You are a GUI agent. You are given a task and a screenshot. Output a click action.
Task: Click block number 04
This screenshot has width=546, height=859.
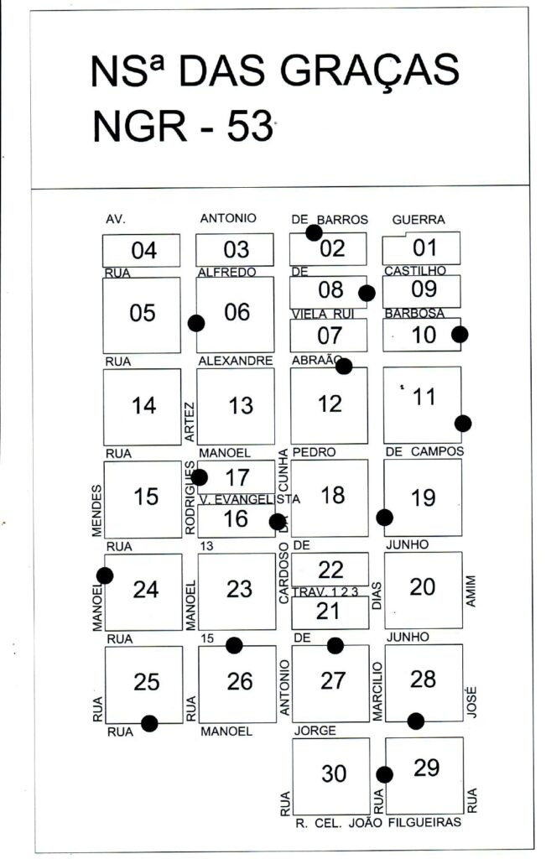click(143, 250)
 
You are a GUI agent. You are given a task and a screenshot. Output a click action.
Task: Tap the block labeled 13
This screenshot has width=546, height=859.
click(240, 405)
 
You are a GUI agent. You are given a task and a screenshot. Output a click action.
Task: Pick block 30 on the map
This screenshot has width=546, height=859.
click(333, 774)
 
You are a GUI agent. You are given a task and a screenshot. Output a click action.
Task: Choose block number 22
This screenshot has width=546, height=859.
click(330, 570)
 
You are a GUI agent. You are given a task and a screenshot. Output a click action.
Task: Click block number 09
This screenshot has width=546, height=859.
click(424, 290)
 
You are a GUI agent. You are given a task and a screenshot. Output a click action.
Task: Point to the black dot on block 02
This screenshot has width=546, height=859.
click(314, 232)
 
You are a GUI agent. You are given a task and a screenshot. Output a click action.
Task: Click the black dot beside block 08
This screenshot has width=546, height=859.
click(366, 293)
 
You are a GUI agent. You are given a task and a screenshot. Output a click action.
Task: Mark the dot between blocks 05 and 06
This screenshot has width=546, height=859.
click(196, 323)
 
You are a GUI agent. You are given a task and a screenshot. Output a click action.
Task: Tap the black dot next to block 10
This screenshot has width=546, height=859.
click(459, 334)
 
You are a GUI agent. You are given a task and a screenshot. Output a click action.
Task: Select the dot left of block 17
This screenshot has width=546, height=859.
click(199, 477)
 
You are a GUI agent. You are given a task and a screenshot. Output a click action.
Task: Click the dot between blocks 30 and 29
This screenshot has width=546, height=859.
click(384, 774)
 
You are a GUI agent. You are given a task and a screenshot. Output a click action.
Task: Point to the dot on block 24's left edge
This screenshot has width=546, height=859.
click(105, 575)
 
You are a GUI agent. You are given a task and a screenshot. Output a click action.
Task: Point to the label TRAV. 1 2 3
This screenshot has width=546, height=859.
click(331, 591)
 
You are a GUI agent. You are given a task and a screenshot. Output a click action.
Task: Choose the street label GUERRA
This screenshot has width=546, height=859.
click(419, 220)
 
